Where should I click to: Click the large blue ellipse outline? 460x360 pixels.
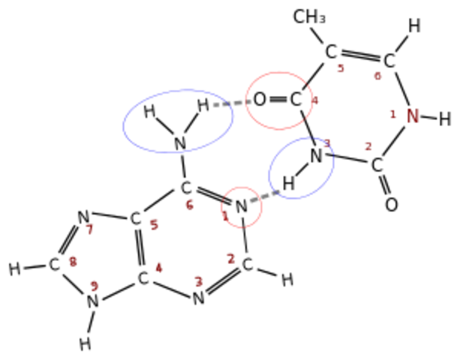point(124,124)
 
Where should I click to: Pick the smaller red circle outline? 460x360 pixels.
point(242,187)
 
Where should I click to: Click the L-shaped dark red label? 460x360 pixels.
point(392,115)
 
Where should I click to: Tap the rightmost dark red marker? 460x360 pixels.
point(413,115)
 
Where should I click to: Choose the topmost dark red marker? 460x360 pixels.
point(341,69)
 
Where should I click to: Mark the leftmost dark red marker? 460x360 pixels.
point(73,261)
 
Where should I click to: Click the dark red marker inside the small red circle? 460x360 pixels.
point(225,214)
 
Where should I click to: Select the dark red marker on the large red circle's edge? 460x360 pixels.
point(315,100)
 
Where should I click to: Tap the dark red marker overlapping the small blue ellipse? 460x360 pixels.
point(328,142)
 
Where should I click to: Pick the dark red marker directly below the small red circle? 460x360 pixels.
point(231,258)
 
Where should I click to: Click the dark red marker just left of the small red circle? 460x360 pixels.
point(190,204)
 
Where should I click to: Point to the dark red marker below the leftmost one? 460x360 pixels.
point(94,286)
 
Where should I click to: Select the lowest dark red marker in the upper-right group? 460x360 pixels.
point(368,146)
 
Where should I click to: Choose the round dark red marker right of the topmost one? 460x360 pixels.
point(377,76)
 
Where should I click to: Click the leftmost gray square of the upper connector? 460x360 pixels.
point(216,105)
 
